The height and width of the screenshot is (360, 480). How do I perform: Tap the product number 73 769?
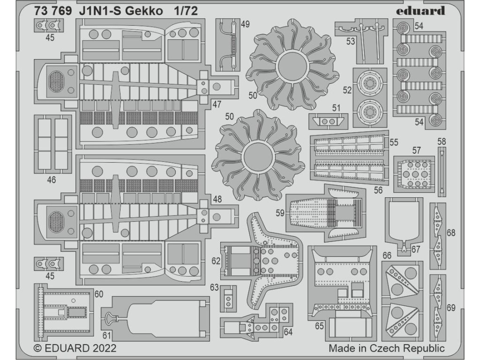53,12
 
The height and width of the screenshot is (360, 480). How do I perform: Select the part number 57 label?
416,150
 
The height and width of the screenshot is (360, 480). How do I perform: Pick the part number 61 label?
107,335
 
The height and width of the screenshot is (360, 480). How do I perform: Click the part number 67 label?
416,250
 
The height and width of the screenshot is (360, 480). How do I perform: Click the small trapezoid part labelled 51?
329,121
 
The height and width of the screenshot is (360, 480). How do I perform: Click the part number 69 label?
451,308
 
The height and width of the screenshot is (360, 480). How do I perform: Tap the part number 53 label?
351,41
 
